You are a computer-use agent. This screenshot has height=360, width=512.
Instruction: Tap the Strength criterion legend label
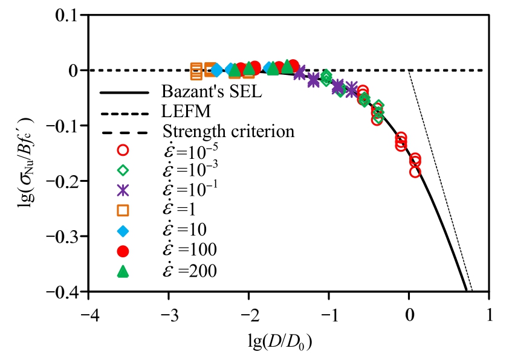click(228, 131)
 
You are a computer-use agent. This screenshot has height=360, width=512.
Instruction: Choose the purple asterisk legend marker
click(123, 190)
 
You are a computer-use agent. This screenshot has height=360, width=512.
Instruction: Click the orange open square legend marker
click(123, 210)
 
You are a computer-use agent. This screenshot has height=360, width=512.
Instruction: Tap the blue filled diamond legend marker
click(123, 230)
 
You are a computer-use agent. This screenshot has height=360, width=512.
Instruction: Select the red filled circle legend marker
click(123, 250)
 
